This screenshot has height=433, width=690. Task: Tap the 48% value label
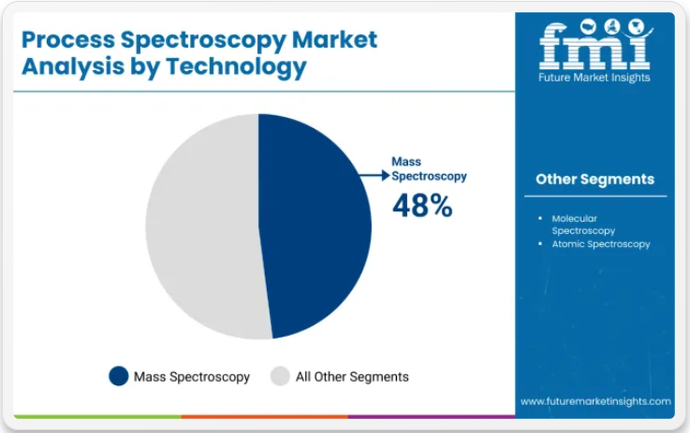(421, 206)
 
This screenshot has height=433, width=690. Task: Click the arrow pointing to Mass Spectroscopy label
(374, 175)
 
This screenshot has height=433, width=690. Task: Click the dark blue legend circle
(119, 376)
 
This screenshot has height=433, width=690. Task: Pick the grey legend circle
(280, 376)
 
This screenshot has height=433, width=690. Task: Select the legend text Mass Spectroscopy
(192, 377)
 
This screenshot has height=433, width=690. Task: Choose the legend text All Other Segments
(352, 377)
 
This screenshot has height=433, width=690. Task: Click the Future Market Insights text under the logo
(595, 78)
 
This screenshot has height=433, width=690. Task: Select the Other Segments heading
(595, 179)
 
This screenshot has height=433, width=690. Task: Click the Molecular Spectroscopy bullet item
(583, 224)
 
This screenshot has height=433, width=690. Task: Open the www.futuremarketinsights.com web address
(595, 401)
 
